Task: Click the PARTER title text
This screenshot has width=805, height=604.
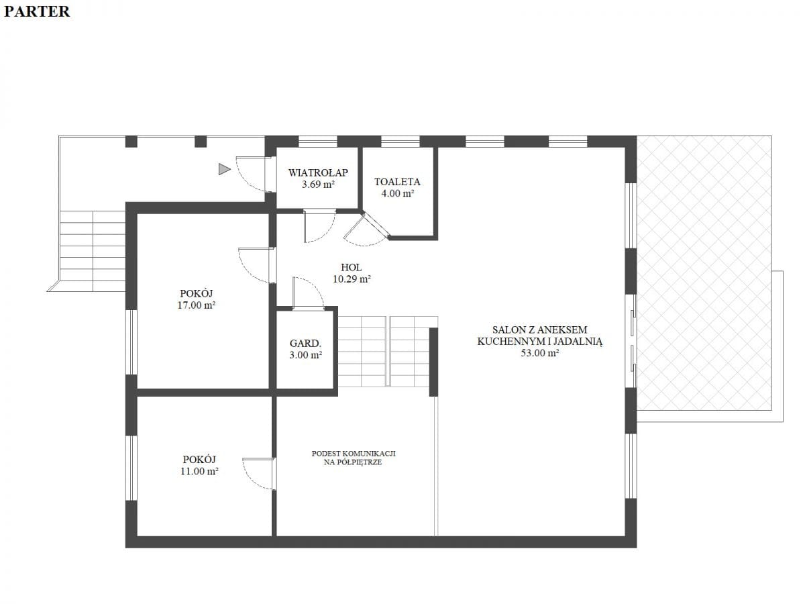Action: [37, 11]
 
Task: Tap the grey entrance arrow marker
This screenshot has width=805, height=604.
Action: [225, 169]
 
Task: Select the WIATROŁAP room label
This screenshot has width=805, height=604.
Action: [318, 172]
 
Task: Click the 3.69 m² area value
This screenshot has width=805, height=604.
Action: [318, 184]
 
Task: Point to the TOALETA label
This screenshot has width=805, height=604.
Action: [397, 181]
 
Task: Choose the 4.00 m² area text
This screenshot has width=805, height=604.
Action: [398, 193]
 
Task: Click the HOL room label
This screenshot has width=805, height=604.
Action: [351, 267]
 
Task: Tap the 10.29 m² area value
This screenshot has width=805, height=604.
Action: [352, 279]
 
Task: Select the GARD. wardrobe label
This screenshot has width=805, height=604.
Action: [305, 343]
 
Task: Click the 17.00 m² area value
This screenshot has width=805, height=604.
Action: [196, 305]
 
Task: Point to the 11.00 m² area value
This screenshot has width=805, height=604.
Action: [199, 471]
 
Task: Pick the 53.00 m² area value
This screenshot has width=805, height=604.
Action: [539, 353]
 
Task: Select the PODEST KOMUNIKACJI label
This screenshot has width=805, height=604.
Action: [354, 453]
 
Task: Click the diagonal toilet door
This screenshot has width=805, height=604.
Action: [367, 230]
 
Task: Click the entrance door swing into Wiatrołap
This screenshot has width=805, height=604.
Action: [254, 174]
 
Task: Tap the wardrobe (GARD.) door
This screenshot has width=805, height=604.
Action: [308, 293]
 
